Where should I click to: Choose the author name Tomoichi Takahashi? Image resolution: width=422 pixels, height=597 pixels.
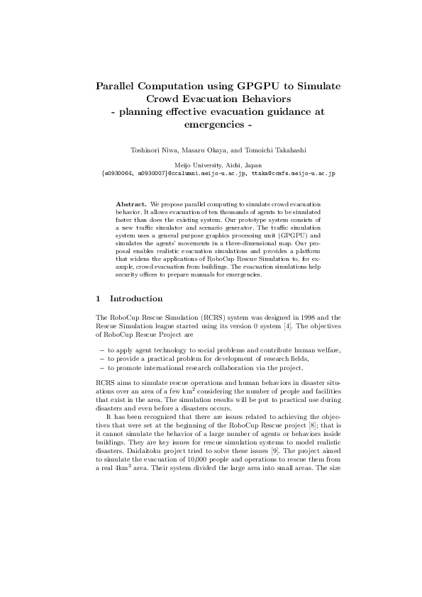pos(264,150)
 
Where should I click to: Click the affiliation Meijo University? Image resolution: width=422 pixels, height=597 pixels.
pos(198,164)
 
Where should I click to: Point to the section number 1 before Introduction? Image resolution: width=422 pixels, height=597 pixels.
pos(98,298)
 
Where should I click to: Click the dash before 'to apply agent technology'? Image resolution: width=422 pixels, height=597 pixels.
pos(100,350)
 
